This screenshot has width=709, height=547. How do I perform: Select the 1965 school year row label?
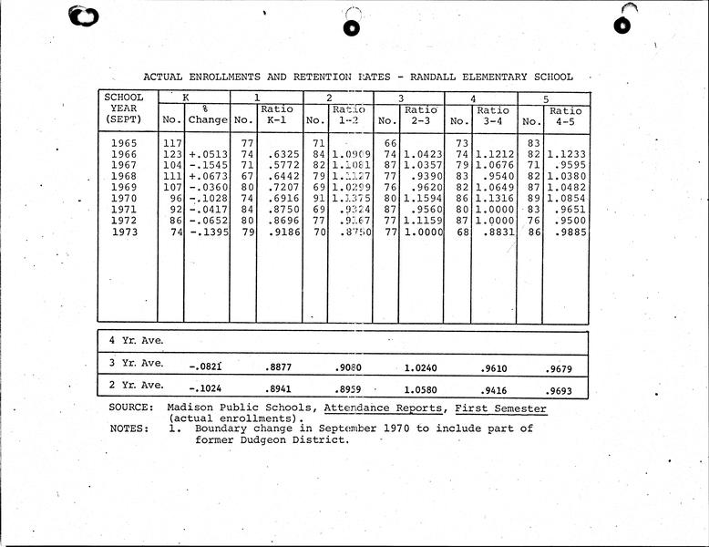pyautogui.click(x=124, y=143)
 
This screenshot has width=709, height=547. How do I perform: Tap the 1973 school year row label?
pyautogui.click(x=124, y=232)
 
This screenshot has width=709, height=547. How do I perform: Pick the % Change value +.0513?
pyautogui.click(x=208, y=155)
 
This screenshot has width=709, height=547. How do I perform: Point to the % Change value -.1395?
pyautogui.click(x=208, y=232)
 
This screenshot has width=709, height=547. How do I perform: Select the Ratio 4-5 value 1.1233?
pyautogui.click(x=567, y=155)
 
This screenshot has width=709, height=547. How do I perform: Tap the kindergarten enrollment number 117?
pyautogui.click(x=171, y=143)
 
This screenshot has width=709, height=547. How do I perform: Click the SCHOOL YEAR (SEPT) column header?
pyautogui.click(x=124, y=108)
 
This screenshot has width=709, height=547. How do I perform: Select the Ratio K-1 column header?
pyautogui.click(x=277, y=115)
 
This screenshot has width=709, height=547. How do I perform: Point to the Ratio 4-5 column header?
pyautogui.click(x=565, y=115)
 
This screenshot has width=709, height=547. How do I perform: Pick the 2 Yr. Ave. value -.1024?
pyautogui.click(x=206, y=387)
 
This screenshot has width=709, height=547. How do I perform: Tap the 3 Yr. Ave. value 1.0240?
pyautogui.click(x=422, y=366)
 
